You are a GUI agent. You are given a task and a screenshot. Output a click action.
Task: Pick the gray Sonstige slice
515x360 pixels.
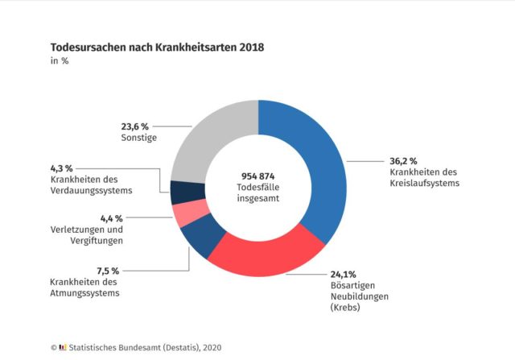coord(205,137)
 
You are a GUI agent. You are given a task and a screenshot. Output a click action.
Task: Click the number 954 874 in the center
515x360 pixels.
coord(258,176)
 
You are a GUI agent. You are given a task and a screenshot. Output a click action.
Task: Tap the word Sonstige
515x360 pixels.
coord(133,138)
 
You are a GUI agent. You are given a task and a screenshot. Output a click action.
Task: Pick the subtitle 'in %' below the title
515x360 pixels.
coord(59,63)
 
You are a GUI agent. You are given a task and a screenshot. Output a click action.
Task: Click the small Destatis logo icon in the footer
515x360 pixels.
coord(62,348)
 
